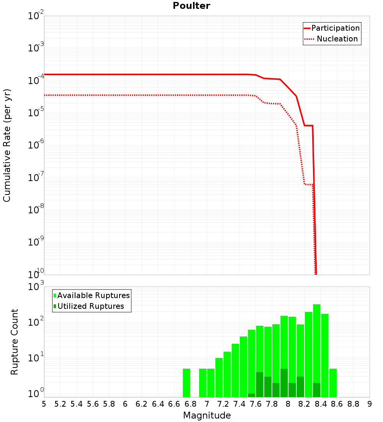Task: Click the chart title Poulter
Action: (x=191, y=6)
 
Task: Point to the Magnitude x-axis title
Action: (x=207, y=415)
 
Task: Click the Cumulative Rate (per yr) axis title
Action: (x=7, y=145)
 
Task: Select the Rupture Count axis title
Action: (x=15, y=342)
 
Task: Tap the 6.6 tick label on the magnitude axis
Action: (x=174, y=404)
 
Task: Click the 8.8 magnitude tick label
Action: (x=353, y=404)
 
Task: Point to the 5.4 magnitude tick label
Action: (x=76, y=404)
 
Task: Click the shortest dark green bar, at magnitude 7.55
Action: (x=252, y=395)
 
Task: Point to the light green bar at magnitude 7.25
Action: (x=227, y=374)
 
